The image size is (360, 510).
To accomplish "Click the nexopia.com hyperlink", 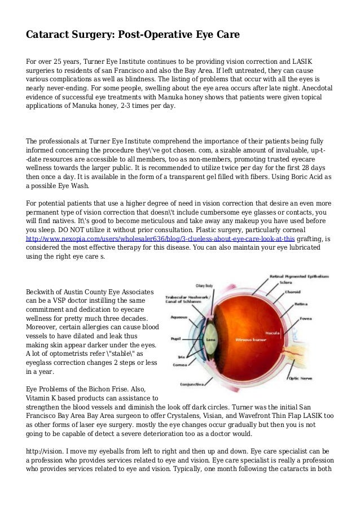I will [x=160, y=238].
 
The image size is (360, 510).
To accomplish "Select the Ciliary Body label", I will [x=204, y=286].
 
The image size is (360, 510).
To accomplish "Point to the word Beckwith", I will [x=43, y=292].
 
